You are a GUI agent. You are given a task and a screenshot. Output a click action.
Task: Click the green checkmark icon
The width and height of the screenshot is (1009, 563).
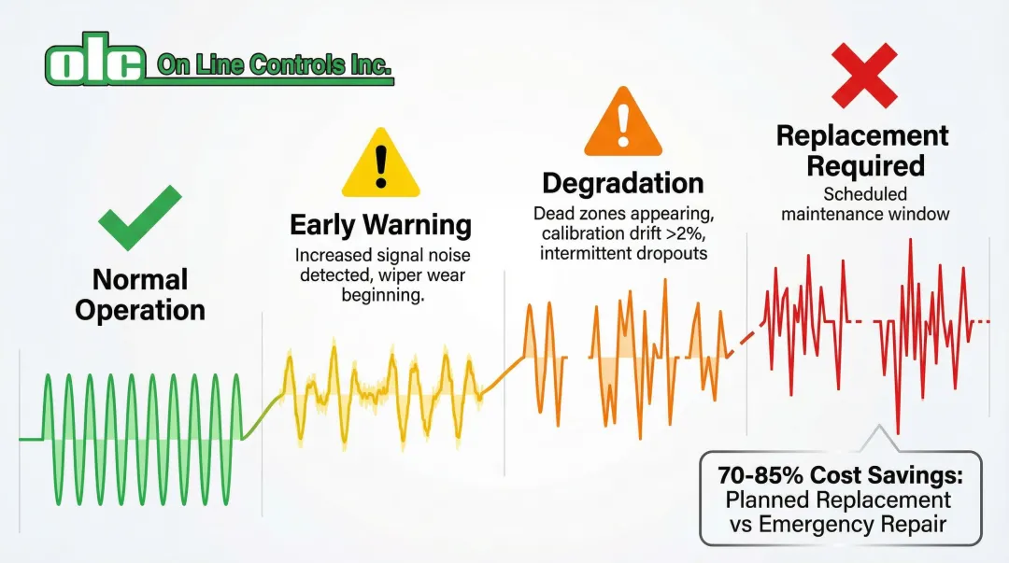pos(140,217)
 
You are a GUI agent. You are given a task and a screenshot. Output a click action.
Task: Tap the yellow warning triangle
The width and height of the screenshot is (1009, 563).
pos(379,164)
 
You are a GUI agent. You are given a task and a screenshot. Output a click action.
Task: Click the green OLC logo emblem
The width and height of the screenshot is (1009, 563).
pos(94,64)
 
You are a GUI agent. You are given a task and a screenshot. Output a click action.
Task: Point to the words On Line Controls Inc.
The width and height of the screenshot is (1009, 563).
pos(275,65)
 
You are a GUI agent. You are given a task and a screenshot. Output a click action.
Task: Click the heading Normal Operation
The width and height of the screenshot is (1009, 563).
pos(140,294)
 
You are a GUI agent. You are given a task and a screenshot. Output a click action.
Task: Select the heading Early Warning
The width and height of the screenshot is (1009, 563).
pos(380,225)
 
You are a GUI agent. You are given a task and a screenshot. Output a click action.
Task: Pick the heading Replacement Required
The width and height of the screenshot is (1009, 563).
pos(862,150)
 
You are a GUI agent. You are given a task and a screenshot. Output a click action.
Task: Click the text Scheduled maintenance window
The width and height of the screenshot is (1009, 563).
pos(865,204)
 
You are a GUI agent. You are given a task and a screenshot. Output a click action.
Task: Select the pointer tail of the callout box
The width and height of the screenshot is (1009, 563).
pos(876,440)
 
